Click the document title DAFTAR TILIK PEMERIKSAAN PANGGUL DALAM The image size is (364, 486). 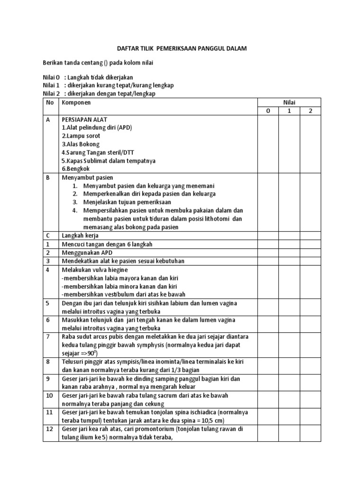coord(182,48)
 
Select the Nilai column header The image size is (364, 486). coord(289,103)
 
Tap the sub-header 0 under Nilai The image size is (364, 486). coord(267,111)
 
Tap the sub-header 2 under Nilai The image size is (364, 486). coord(310,111)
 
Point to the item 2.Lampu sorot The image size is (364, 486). coord(81,136)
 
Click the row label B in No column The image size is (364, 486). coord(48,178)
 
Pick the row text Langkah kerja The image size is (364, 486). coord(79,235)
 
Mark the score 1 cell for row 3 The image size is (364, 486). coord(289,261)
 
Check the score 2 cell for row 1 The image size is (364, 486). coord(310,244)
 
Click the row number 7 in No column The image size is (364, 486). coord(48,336)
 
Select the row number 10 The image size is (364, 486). coord(49,395)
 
